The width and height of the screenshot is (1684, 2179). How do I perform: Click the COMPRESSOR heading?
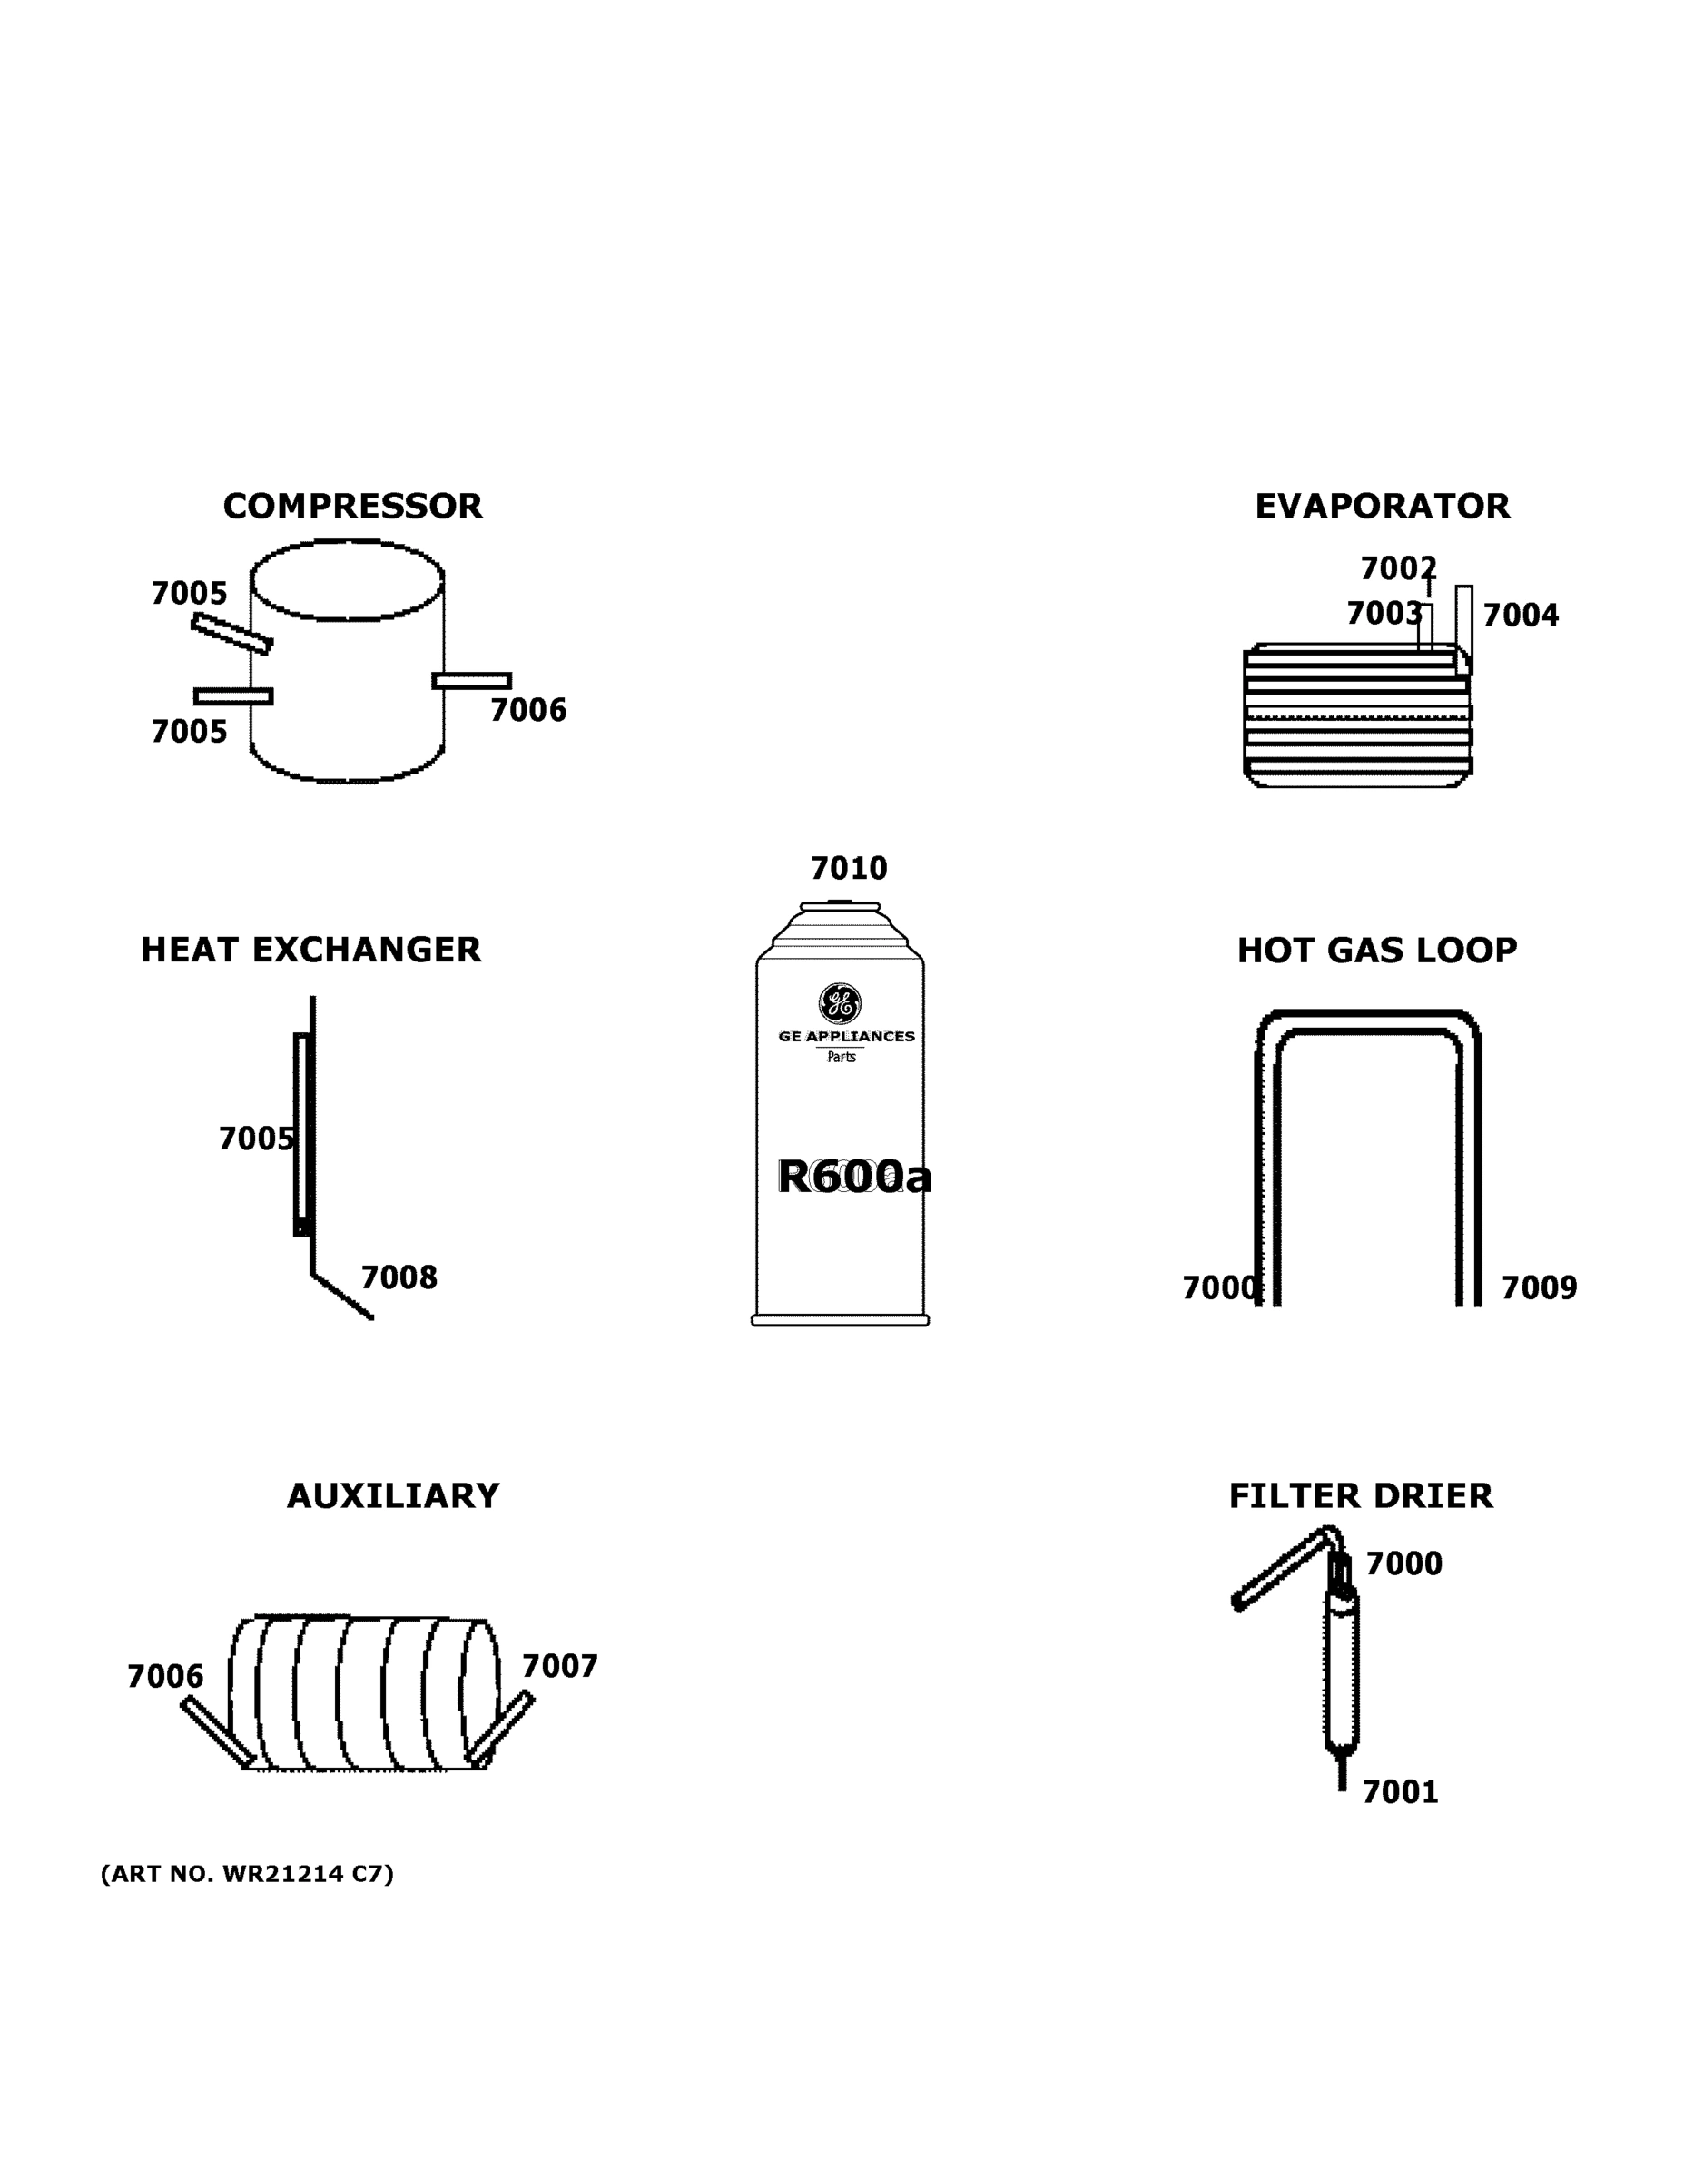(352, 507)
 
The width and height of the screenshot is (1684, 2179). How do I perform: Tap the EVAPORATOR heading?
(1382, 507)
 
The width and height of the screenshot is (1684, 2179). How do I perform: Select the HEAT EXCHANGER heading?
(310, 950)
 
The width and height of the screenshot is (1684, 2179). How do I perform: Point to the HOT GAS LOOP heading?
(1377, 951)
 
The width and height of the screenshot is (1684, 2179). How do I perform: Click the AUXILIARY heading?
(392, 1495)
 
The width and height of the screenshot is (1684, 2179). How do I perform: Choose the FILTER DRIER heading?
(1360, 1495)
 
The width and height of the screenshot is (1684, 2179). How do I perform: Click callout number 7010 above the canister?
(848, 869)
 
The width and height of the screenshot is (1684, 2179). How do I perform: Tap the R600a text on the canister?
(854, 1177)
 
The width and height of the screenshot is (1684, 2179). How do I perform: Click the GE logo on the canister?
(840, 1003)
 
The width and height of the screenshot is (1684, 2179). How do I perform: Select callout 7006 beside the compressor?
(527, 710)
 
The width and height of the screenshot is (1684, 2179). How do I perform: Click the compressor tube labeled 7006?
(471, 680)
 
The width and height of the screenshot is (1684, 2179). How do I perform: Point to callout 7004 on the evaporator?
(1521, 616)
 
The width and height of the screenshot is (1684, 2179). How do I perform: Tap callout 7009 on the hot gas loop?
(1540, 1288)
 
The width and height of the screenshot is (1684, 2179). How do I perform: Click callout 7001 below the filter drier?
(1400, 1792)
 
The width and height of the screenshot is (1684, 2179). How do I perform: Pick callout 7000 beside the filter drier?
(1403, 1563)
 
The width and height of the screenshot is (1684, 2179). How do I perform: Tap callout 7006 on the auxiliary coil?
(164, 1676)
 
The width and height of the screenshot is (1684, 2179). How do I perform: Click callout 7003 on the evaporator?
(1384, 614)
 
